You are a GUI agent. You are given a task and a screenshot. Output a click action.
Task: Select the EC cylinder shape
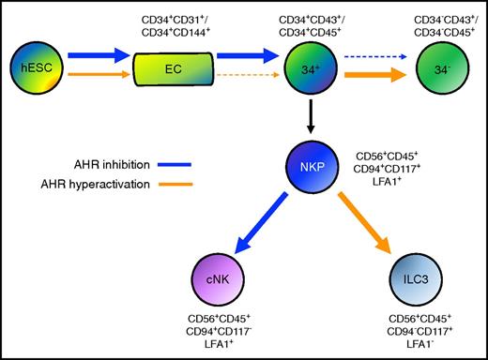click(x=173, y=68)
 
